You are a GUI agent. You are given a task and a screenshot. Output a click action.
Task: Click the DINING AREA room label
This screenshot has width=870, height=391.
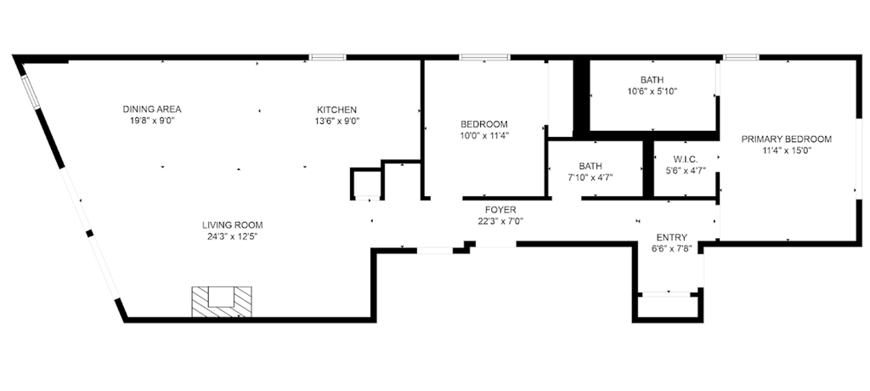click(x=152, y=109)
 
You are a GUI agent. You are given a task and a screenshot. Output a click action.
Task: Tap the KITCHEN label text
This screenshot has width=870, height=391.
click(x=336, y=110)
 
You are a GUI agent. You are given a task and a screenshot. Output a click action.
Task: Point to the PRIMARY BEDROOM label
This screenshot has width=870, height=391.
click(x=786, y=139)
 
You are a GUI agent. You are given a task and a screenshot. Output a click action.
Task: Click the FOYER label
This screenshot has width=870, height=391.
click(x=500, y=210)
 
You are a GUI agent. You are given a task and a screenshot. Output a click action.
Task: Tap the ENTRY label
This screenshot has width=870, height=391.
click(x=671, y=238)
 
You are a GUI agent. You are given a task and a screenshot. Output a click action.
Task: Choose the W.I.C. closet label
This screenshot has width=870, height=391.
click(x=686, y=159)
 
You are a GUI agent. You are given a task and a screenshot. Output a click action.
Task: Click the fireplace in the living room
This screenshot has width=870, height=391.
click(x=222, y=301)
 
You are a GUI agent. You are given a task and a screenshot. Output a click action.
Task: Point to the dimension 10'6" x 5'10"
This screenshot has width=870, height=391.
click(x=652, y=91)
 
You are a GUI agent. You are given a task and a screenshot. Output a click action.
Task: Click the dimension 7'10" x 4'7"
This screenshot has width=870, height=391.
click(x=590, y=177)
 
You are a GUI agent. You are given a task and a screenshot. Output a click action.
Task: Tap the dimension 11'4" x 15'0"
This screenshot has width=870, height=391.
click(x=786, y=150)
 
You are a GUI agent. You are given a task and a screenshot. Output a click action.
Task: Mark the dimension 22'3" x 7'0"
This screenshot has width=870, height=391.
click(x=500, y=221)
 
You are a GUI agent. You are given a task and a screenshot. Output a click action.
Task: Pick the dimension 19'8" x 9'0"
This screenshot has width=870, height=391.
click(x=152, y=121)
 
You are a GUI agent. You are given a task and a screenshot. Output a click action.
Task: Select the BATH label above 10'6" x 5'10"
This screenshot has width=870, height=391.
click(x=652, y=80)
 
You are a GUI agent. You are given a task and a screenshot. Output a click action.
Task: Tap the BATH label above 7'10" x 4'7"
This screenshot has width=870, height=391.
click(x=590, y=166)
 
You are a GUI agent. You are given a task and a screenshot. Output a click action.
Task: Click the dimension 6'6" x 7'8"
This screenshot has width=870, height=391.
click(x=671, y=249)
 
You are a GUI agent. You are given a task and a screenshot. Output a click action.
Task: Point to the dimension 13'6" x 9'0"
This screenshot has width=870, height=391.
click(x=336, y=121)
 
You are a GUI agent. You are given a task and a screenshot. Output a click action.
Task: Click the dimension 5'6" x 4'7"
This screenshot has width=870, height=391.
click(x=686, y=171)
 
